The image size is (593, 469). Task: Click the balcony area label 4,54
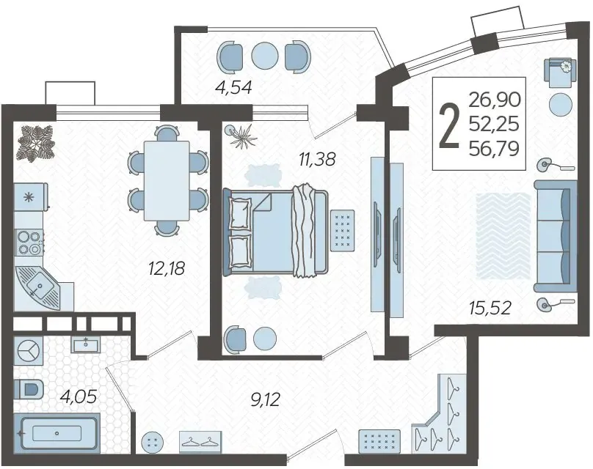233,87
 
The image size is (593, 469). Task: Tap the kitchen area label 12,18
167,268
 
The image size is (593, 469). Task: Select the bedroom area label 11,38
317,159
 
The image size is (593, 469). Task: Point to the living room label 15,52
490,308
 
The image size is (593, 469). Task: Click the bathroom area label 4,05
79,396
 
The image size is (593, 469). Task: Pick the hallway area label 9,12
265,399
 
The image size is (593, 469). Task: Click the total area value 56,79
494,149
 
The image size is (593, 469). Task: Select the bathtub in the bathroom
57,433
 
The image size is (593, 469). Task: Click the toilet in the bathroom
29,389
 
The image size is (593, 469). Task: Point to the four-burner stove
29,243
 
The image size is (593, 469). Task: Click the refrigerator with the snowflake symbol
30,196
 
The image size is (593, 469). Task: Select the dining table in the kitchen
167,180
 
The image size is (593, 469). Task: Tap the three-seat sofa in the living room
556,236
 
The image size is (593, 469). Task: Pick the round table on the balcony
265,56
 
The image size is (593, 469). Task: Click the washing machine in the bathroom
29,351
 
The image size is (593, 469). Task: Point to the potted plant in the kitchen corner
37,144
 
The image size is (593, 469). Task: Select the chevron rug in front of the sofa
503,236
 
